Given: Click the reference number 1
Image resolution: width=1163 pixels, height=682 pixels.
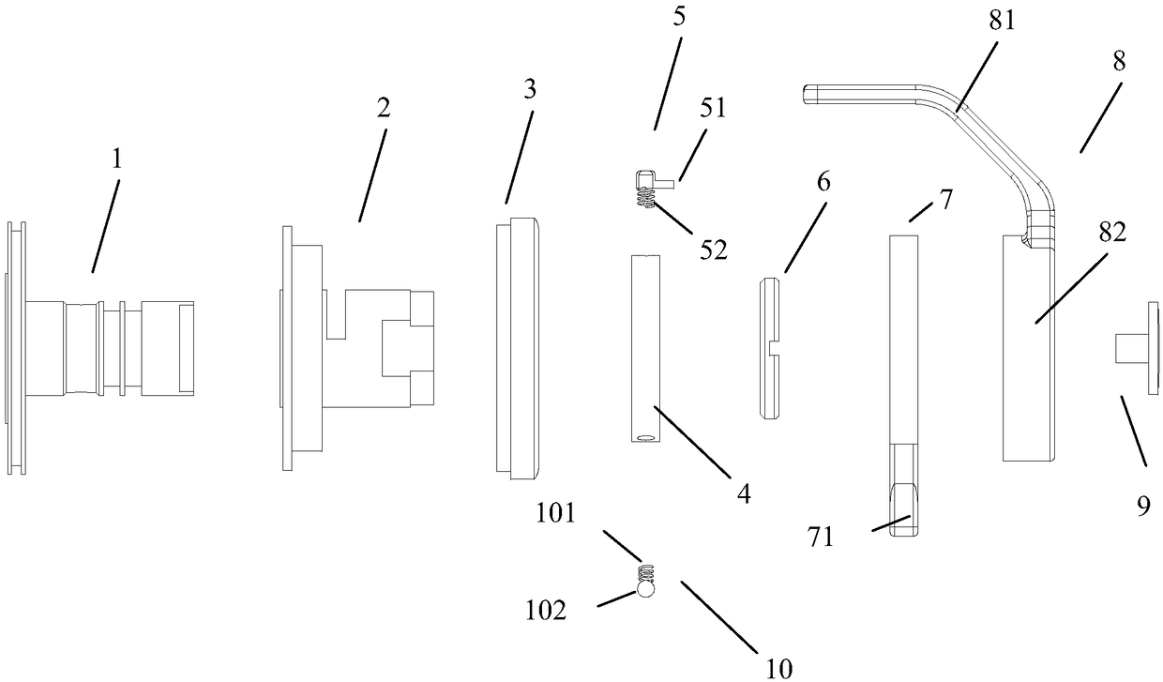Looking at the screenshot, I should coord(116,160).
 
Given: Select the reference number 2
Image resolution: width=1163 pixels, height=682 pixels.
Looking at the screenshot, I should coord(384,108).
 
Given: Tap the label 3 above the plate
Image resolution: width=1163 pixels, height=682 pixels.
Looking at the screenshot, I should coord(530,92).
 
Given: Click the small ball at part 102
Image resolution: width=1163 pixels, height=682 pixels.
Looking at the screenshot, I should coord(645,589).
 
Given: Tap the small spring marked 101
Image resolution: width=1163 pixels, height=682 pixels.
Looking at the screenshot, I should coord(644,571).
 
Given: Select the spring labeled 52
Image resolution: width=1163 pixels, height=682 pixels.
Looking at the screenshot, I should coord(644,198).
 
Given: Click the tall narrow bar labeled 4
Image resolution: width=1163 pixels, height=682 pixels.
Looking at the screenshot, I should coord(646,347).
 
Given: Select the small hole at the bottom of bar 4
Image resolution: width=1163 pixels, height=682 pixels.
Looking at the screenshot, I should coord(646,436).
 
